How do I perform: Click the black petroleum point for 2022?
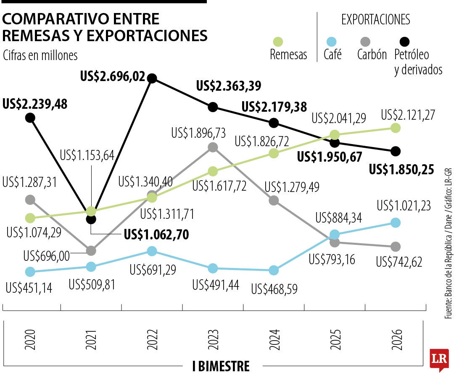coord(152,78)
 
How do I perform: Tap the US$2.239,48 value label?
coord(35,104)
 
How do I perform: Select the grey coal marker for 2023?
coord(213,147)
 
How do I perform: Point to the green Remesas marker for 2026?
coord(395,128)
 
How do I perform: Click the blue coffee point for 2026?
coord(395,223)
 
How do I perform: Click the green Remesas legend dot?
coord(278,42)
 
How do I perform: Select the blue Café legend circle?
coord(332,42)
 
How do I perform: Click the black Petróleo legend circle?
coord(404,42)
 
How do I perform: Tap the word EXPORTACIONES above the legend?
coord(375,19)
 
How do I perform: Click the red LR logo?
coord(439,359)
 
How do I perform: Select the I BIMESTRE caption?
coord(221,366)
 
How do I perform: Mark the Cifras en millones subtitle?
coord(40,55)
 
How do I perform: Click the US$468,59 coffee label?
coord(274,289)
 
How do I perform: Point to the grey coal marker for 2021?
coord(91,251)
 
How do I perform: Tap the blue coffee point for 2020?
coord(30,272)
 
